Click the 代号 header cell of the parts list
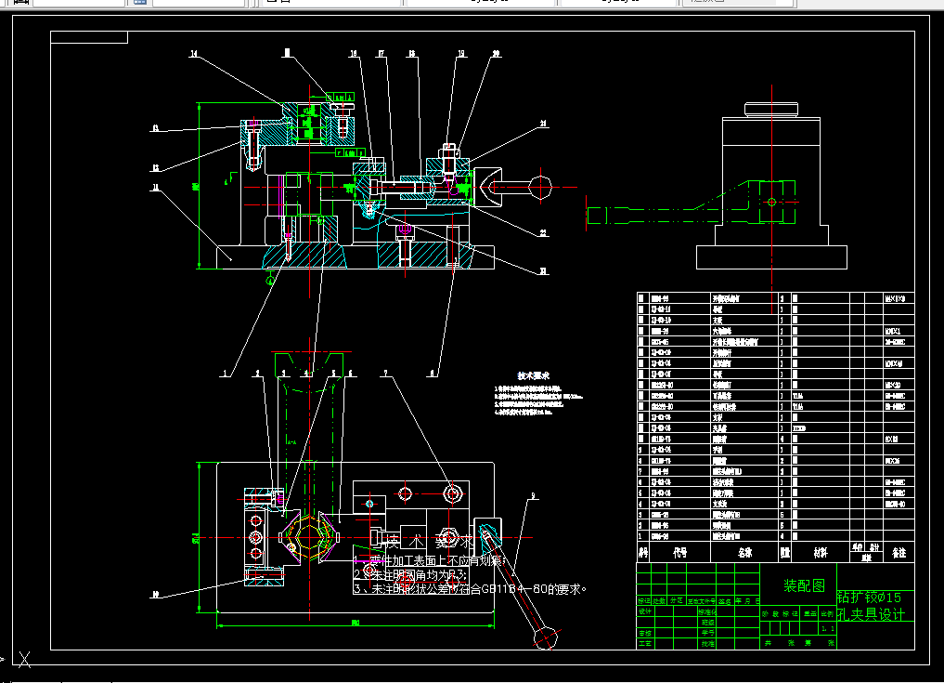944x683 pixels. [679, 551]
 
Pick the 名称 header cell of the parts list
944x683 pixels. [744, 551]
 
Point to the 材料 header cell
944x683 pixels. [820, 551]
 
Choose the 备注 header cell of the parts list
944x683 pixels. [898, 551]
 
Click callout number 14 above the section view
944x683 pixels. [193, 55]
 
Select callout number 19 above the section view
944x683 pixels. [461, 55]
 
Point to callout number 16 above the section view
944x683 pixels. [354, 55]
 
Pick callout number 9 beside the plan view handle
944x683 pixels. [534, 494]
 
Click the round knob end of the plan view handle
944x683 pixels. [545, 639]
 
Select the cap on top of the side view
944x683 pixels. [771, 108]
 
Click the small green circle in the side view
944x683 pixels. [770, 201]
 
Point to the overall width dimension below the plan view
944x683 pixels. [356, 624]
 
